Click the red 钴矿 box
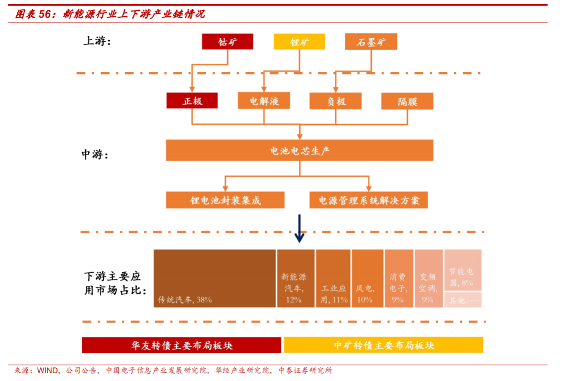point(228,42)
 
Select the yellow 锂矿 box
point(299,42)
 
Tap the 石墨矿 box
point(371,42)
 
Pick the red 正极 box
point(192,100)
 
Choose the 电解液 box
point(264,100)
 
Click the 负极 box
point(335,100)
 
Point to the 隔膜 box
point(408,100)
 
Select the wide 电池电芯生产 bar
point(300,150)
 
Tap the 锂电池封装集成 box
point(225,200)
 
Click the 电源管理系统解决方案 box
point(368,200)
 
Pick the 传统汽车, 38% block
point(214,278)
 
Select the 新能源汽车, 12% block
point(296,278)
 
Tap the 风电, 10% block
point(367,278)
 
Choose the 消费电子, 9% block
point(399,278)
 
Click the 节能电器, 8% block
point(462,270)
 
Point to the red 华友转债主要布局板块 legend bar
point(182,345)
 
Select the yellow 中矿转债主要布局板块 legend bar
point(383,345)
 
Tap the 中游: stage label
point(95,154)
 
